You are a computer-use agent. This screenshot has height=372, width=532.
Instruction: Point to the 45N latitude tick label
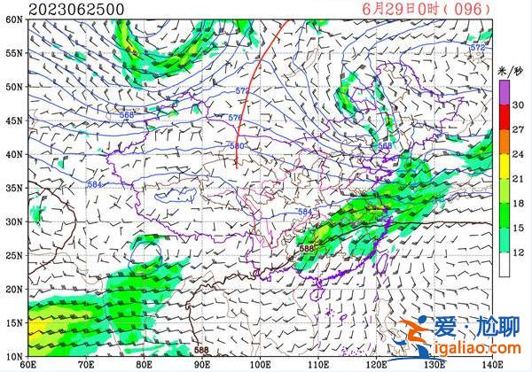pos(12,120)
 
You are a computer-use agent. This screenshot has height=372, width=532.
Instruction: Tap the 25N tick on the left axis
pos(12,255)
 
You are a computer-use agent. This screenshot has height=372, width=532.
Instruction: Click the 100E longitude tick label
pos(260,363)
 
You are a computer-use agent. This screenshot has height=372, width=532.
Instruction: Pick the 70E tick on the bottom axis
pos(85,363)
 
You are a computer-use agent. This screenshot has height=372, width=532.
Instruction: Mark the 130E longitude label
pos(434,363)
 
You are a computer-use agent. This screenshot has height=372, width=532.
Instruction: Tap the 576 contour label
pos(235,118)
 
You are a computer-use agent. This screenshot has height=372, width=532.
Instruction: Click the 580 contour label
pos(237,146)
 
